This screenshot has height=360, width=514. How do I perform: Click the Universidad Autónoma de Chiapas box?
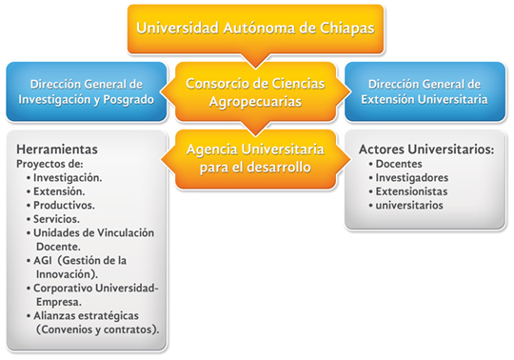[256, 28]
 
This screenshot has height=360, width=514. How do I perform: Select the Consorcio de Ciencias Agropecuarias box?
[256, 90]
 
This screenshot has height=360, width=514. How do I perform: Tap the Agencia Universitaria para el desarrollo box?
[256, 158]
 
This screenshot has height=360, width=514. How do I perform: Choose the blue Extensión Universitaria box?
[425, 90]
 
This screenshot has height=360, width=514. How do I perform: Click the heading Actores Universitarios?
[425, 150]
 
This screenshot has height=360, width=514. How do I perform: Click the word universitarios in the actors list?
[409, 205]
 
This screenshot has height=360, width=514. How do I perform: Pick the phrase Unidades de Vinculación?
[93, 232]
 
